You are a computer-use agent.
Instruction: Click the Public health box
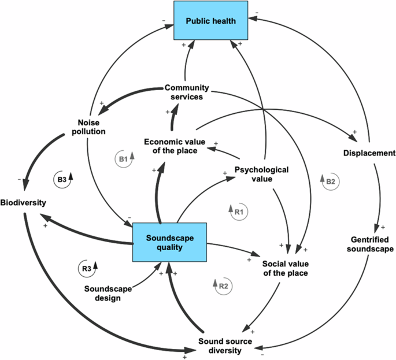[x=211, y=21]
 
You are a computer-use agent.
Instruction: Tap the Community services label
[x=184, y=92]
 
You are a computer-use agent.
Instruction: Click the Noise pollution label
[x=88, y=126]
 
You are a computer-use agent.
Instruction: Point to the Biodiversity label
[x=23, y=203]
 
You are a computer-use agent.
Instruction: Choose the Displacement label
[x=369, y=153]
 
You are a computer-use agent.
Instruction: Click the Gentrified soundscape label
[x=372, y=244]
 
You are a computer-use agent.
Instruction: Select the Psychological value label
[x=261, y=174]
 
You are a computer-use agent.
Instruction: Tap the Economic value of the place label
[x=171, y=146]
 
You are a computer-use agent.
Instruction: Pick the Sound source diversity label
[x=225, y=345]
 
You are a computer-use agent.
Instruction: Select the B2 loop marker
[x=328, y=181]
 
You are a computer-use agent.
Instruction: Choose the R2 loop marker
[x=223, y=285]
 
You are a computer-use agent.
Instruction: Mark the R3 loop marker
[x=88, y=268]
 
